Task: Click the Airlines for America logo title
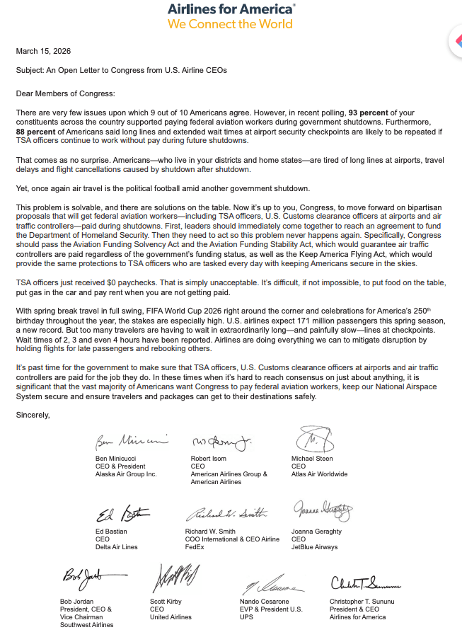click(231, 9)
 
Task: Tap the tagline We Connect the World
click(230, 24)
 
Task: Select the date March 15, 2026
click(43, 51)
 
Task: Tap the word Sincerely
click(33, 415)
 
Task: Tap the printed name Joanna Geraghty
click(317, 532)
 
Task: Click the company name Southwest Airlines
click(87, 625)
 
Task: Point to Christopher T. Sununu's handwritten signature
click(365, 583)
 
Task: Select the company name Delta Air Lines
click(117, 547)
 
